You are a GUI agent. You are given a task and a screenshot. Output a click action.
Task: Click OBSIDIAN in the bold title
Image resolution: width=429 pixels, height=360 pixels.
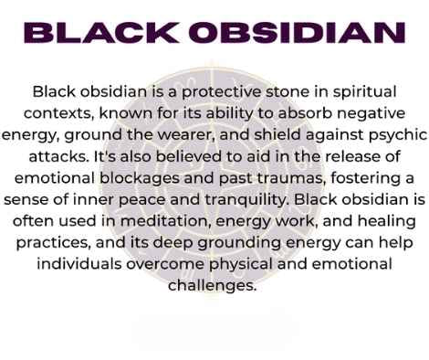[x=294, y=33]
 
